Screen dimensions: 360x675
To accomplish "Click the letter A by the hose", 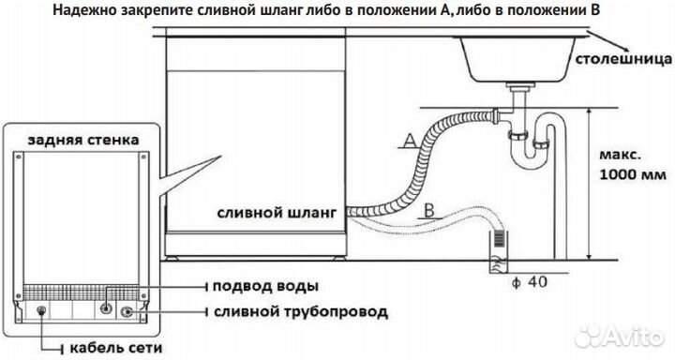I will click(x=409, y=141).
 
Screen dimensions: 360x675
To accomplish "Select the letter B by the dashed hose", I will click(x=427, y=209).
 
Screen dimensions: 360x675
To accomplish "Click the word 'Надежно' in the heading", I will click(x=112, y=11).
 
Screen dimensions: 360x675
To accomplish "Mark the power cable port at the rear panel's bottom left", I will click(x=43, y=310).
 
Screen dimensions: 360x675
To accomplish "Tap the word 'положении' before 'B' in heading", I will click(x=541, y=11).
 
